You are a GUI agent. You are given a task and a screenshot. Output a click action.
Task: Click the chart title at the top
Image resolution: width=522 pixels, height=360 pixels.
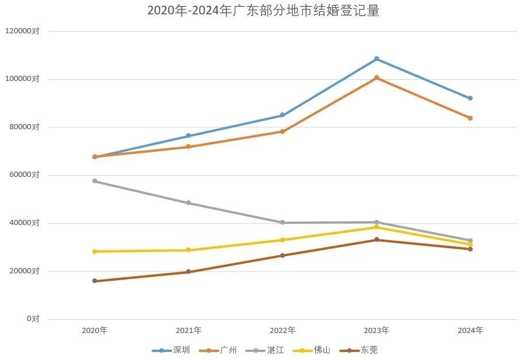click(x=263, y=11)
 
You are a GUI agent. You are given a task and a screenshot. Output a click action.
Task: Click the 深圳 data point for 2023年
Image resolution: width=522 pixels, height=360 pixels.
click(x=377, y=59)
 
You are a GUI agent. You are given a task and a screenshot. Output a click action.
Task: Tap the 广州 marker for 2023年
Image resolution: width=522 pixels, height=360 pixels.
click(x=377, y=78)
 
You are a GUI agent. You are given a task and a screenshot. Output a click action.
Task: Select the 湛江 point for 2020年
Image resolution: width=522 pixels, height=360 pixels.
click(x=95, y=181)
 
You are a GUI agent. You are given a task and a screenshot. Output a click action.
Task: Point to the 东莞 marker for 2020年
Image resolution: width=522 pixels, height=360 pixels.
click(x=95, y=281)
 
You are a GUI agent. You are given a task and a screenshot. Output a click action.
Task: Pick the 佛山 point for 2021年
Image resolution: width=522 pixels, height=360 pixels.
click(x=188, y=250)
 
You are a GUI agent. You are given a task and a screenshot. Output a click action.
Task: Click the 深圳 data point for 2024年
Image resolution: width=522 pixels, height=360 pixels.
click(x=470, y=98)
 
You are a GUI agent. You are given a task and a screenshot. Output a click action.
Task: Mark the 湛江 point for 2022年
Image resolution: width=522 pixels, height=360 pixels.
click(x=283, y=223)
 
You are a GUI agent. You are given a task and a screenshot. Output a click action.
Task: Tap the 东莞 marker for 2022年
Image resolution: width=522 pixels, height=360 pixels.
click(x=283, y=255)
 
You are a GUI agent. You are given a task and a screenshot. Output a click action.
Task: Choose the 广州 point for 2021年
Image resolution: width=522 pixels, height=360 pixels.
click(x=188, y=147)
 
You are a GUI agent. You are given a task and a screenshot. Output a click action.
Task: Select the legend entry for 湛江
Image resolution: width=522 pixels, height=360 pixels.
click(x=265, y=350)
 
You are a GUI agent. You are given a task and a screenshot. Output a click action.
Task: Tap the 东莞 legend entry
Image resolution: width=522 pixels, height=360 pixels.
click(x=359, y=350)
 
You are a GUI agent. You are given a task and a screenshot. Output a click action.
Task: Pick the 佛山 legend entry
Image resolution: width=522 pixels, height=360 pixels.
click(x=312, y=350)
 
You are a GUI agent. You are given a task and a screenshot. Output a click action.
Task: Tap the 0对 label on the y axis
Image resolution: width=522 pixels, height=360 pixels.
click(x=33, y=319)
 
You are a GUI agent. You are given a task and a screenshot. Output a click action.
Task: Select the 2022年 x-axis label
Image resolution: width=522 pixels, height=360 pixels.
click(x=283, y=331)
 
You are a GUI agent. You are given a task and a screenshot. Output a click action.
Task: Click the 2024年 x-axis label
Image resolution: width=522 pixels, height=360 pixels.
click(x=470, y=331)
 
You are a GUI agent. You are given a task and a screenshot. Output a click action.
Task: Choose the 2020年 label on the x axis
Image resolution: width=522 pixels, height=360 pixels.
click(x=95, y=331)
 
